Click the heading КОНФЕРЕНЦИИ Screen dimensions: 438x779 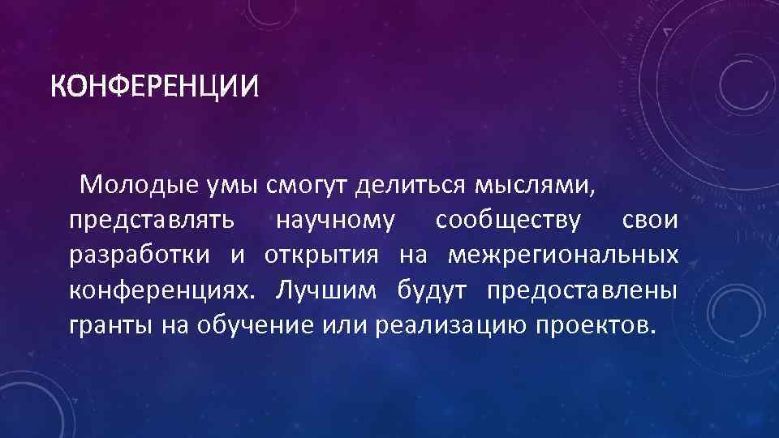click(x=153, y=84)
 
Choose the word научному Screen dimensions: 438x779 click(x=335, y=221)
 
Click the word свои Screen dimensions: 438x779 click(x=649, y=221)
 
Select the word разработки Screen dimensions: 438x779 click(x=140, y=255)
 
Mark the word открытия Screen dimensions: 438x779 click(x=321, y=255)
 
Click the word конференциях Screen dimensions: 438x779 click(x=161, y=290)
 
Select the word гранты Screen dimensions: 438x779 click(x=105, y=325)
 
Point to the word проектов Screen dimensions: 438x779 click(x=593, y=325)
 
